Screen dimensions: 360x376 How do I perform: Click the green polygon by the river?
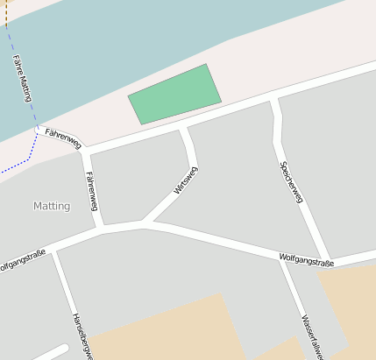coord(175,94)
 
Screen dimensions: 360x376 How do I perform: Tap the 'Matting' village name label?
coord(51,206)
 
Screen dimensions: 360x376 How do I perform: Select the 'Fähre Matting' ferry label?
coord(22,78)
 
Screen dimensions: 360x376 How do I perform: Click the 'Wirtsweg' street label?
coord(185,180)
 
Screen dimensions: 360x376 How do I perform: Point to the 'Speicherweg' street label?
coord(291,182)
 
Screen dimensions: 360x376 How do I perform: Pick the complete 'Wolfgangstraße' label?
coord(307,259)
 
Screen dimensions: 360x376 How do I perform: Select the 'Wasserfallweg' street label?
coord(314,336)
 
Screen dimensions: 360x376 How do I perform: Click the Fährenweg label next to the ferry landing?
coord(62,137)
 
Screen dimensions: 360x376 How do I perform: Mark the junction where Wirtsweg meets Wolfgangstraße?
coord(143,223)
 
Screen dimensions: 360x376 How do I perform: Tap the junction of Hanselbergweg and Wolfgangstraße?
coord(54,250)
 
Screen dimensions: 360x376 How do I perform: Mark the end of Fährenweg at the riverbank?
coord(38,131)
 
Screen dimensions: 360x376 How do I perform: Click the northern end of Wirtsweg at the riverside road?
coord(183,129)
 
